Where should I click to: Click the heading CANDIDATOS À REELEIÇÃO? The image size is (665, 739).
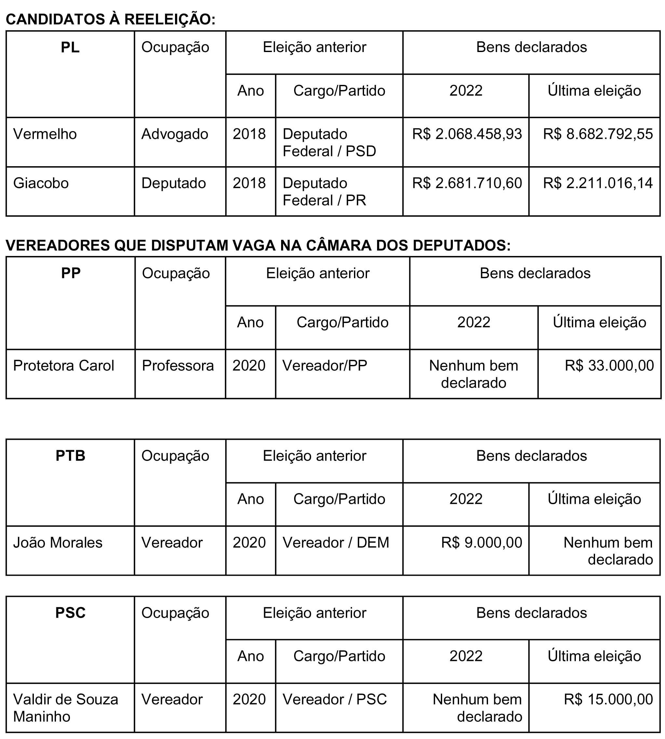(110, 20)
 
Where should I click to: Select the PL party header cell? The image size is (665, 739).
(70, 47)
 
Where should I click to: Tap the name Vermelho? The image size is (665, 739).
(45, 134)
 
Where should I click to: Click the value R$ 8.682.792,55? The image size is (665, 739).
(598, 134)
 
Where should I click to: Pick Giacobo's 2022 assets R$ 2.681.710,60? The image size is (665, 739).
(467, 183)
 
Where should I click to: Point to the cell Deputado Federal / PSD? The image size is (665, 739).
(329, 142)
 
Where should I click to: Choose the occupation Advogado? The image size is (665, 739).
(175, 134)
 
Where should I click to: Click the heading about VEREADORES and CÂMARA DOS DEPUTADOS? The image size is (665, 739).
(258, 246)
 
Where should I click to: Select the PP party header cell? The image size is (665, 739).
(71, 273)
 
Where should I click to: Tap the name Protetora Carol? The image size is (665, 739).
(63, 366)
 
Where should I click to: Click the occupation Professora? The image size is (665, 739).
(178, 366)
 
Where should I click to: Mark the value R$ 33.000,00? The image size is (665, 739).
(609, 366)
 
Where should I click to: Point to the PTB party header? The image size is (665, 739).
(70, 456)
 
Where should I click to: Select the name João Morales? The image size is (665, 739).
(58, 543)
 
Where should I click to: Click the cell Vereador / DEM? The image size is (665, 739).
(336, 543)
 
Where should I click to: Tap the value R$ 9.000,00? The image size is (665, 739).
(482, 543)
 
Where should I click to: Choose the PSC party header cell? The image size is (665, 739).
(70, 613)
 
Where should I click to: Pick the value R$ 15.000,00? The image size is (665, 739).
(608, 700)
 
